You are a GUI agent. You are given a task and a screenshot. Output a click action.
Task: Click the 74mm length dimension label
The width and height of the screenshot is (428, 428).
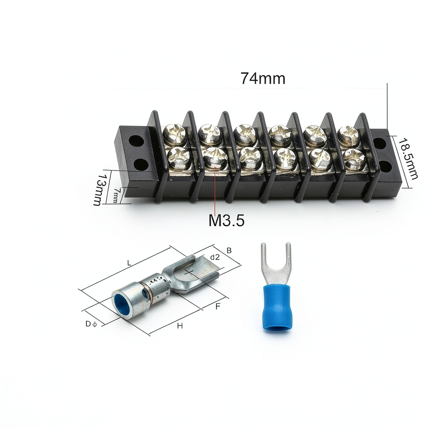pyautogui.click(x=263, y=78)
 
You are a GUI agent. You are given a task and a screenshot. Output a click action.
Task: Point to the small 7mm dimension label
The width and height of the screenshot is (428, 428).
pyautogui.click(x=116, y=195)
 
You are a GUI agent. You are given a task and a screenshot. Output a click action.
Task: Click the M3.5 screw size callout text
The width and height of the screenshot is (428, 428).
pyautogui.click(x=227, y=220)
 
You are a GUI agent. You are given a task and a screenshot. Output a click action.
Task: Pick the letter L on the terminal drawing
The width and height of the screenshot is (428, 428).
pyautogui.click(x=129, y=263)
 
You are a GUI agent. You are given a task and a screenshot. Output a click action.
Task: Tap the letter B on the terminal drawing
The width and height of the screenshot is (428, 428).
pyautogui.click(x=229, y=250)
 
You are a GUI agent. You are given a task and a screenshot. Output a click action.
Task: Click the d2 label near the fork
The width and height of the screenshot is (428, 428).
pyautogui.click(x=215, y=257)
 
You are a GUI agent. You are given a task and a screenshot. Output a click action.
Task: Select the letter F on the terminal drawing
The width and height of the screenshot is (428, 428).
pyautogui.click(x=217, y=306)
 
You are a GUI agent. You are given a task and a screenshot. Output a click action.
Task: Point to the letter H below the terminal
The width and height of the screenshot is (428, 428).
pyautogui.click(x=180, y=326)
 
